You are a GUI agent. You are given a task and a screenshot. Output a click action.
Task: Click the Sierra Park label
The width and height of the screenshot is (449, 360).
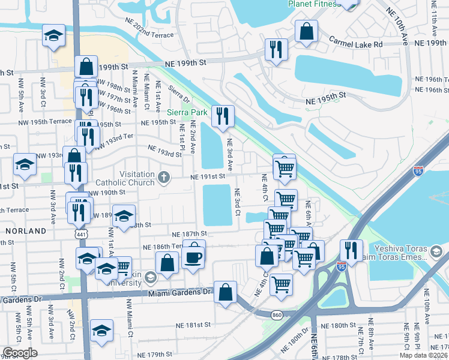[187, 112]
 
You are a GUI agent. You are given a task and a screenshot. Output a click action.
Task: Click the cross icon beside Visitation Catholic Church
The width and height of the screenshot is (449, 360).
[163, 177]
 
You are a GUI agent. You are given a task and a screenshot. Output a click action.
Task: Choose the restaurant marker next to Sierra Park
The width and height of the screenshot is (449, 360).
[223, 116]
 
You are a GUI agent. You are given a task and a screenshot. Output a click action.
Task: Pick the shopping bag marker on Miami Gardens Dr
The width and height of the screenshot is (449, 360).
[225, 292]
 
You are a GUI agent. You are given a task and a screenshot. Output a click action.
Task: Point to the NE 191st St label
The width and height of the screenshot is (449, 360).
[208, 176]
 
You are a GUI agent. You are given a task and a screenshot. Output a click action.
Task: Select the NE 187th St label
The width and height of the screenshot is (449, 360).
[189, 233]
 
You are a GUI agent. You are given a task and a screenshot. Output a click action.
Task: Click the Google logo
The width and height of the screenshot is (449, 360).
[20, 353]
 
